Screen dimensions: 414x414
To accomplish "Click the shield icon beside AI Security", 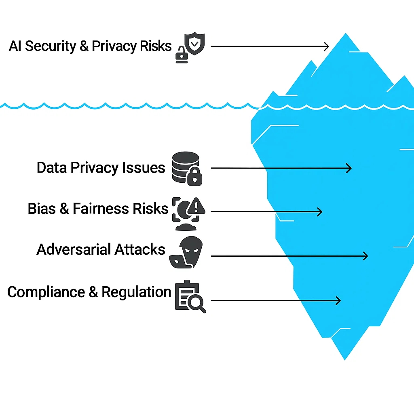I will (x=194, y=44).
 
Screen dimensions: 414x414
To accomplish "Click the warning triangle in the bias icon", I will (x=196, y=207).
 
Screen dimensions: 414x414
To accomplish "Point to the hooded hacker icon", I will (x=188, y=252).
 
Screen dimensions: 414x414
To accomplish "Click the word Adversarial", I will (x=73, y=249).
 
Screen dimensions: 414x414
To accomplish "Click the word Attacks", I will (x=140, y=249).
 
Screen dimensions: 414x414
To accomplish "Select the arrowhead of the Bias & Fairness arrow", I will (x=321, y=211).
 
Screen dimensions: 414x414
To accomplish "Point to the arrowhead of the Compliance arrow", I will (x=339, y=300).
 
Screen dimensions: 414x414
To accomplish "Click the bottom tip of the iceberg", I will (x=345, y=359).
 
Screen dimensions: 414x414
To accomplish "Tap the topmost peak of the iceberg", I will (x=346, y=34).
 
